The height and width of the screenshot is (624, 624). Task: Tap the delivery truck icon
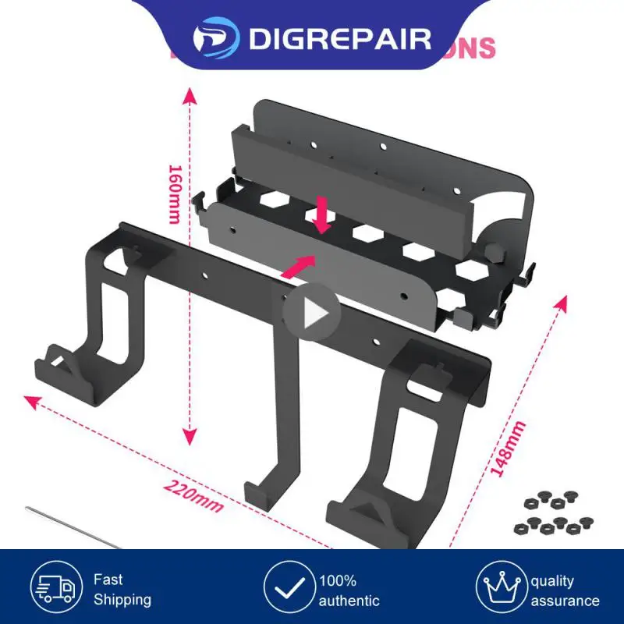point(56,589)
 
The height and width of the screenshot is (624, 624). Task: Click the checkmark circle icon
point(289,589)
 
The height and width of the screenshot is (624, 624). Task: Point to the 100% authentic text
point(349,590)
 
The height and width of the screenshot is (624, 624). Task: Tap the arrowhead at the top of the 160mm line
point(189,96)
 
